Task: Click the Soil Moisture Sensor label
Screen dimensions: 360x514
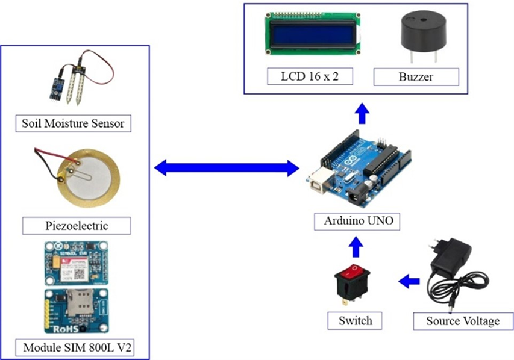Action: [73, 124]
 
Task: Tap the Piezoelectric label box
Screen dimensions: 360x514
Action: [77, 226]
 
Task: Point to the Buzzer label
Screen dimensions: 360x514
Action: [416, 76]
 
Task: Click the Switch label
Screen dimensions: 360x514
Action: [356, 320]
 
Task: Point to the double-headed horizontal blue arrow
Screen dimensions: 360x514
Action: [227, 168]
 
